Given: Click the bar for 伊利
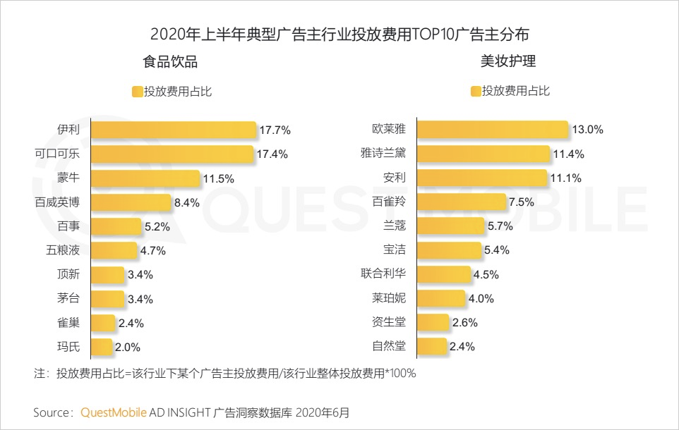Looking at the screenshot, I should tap(174, 130).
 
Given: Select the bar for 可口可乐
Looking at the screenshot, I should tap(172, 154).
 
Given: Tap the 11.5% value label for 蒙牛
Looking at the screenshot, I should tap(218, 179).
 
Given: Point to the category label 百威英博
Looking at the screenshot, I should tap(57, 202).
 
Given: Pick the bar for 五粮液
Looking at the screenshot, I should tap(114, 251).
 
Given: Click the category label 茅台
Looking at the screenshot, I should tap(68, 298).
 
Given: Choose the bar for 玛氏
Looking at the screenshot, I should tap(102, 347).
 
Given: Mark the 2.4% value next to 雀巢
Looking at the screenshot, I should tap(131, 324).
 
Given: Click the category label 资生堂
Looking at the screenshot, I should tap(389, 322).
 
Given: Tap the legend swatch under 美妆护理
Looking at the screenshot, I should tap(476, 91).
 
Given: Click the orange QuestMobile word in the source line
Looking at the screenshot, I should tap(114, 412).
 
